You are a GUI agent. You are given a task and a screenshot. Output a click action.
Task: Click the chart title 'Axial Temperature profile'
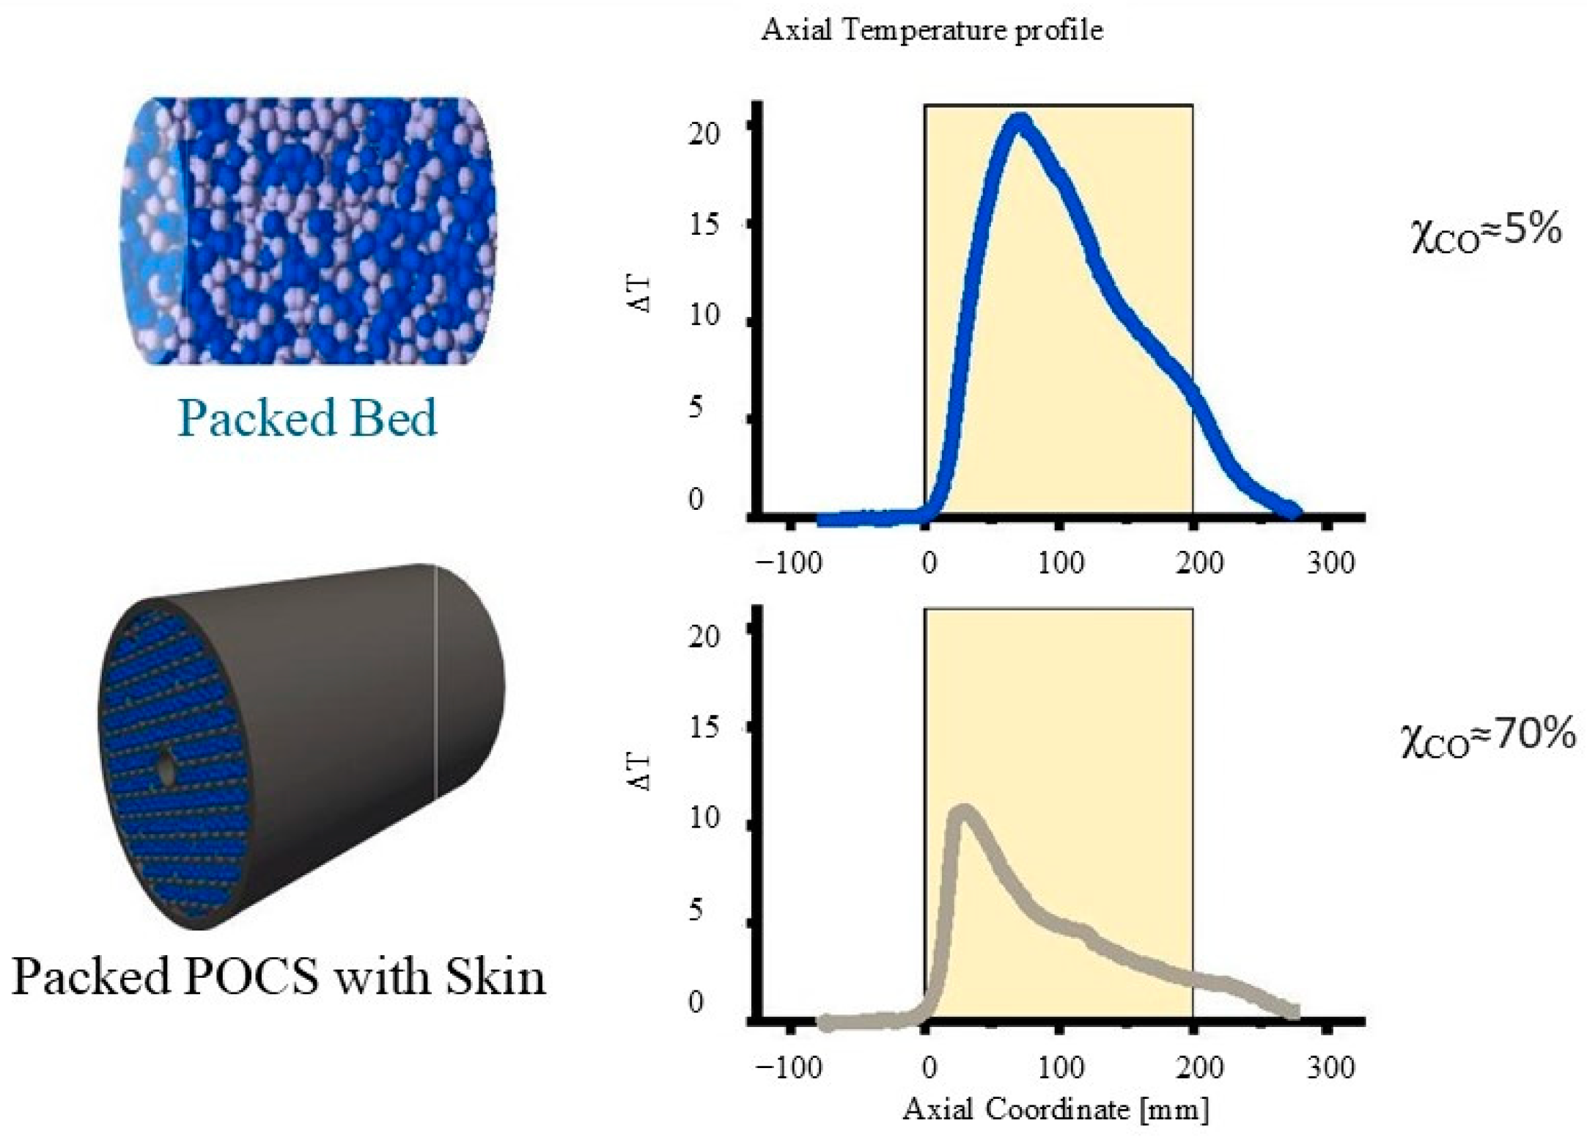coord(932,31)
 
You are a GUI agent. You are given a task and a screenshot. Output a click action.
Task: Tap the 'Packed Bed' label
coord(307,418)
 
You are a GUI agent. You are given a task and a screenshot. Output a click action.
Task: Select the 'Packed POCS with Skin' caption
coord(279,976)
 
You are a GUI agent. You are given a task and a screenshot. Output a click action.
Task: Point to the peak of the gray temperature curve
coord(965,813)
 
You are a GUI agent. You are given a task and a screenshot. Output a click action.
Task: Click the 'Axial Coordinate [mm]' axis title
coord(1056,1109)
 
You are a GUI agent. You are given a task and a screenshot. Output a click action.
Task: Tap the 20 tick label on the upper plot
coord(704,134)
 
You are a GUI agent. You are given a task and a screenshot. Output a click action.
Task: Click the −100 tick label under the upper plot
coord(789,563)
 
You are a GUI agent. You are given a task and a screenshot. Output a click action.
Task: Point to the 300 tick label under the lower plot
coord(1330,1067)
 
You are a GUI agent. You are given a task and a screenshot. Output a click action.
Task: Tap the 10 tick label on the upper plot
coord(704,316)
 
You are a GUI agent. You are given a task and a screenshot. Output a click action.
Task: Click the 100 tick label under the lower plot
coord(1061,1067)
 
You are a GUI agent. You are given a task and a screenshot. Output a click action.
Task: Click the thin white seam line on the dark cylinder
coord(436,682)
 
